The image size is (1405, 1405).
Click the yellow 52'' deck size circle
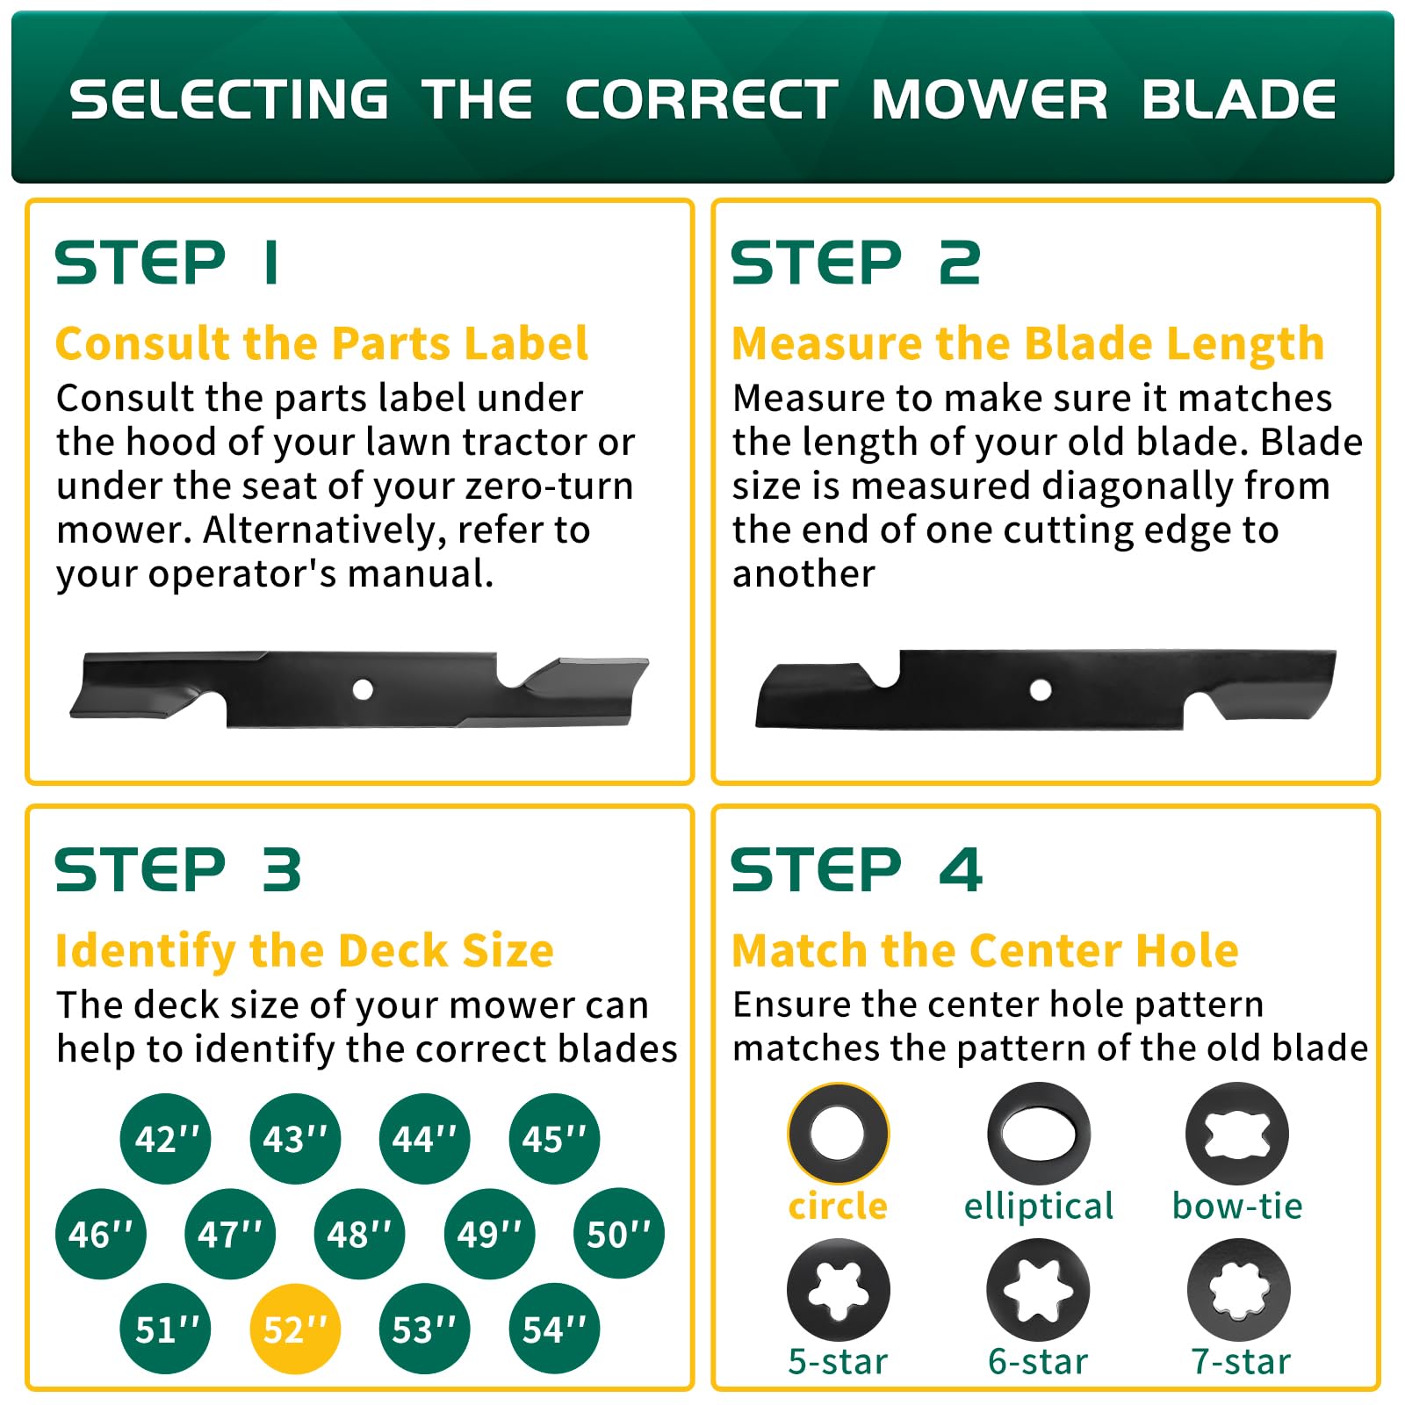(295, 1329)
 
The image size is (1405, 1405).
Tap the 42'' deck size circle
(166, 1138)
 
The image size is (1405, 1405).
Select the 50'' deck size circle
(619, 1233)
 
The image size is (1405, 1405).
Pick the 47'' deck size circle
(230, 1233)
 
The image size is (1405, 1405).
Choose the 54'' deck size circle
(554, 1329)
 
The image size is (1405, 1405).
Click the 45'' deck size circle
(554, 1138)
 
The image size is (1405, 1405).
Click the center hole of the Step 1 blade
(363, 689)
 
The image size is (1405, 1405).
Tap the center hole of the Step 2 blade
(1041, 689)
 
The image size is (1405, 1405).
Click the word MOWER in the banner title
(990, 99)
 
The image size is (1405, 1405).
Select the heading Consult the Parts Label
(321, 342)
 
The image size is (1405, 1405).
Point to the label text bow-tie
(1237, 1206)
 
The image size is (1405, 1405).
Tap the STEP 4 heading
(856, 870)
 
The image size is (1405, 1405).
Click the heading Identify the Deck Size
(304, 950)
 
